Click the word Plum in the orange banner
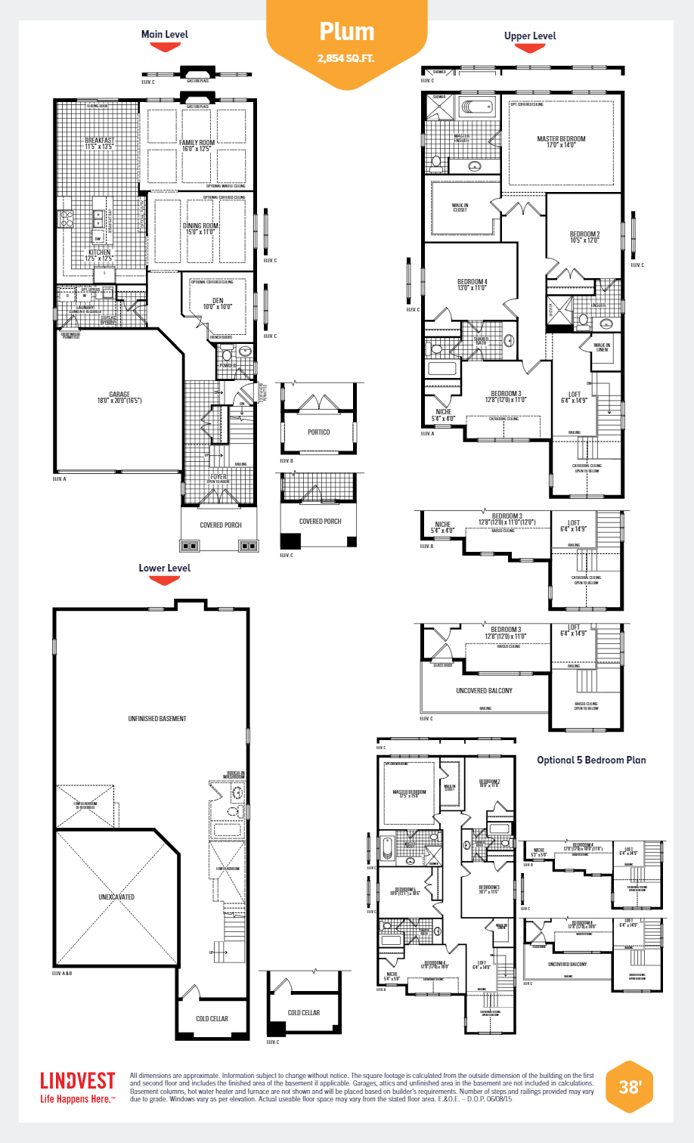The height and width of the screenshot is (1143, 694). [x=347, y=32]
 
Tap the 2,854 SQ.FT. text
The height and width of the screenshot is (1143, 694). [x=346, y=58]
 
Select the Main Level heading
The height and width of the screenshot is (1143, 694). [x=165, y=34]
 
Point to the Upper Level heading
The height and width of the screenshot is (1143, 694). [x=530, y=36]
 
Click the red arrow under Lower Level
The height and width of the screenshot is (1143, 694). [x=164, y=581]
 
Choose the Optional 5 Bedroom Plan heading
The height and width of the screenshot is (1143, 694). [x=591, y=760]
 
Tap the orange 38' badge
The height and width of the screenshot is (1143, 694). [x=629, y=1087]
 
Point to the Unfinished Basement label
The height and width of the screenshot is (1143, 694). [x=157, y=718]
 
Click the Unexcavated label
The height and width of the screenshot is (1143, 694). [x=116, y=897]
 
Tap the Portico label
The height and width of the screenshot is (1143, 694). [x=318, y=432]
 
